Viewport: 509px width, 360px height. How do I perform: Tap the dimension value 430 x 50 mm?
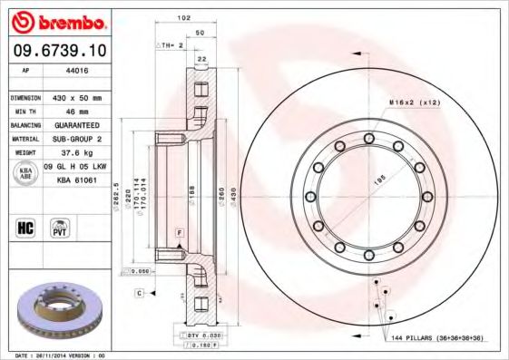pos(75,97)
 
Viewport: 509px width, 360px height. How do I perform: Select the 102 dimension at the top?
pos(184,18)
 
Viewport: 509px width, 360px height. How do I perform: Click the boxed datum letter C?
pos(140,293)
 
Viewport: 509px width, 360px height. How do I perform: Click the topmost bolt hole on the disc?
pos(368,138)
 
